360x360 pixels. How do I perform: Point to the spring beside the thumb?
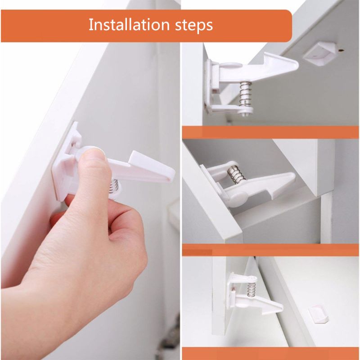(115, 185)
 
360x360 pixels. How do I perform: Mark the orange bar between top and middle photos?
(270, 132)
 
